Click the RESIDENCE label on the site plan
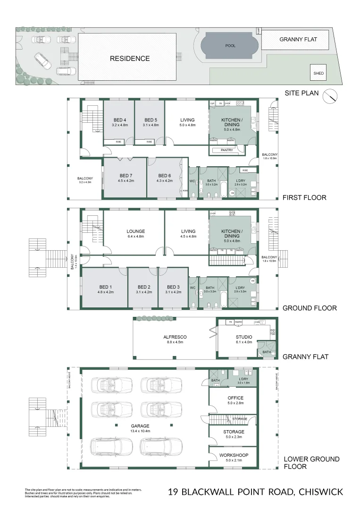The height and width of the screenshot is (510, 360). (x=130, y=59)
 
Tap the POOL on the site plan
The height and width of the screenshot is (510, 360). (x=230, y=46)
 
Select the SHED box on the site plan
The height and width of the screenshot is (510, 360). (x=318, y=73)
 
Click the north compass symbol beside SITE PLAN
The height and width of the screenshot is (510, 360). (x=330, y=96)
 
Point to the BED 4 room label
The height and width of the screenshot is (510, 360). (x=119, y=120)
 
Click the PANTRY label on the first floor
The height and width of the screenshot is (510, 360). (x=227, y=150)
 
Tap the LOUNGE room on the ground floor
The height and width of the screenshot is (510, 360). (x=135, y=231)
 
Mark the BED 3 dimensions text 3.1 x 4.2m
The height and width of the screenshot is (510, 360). (x=174, y=292)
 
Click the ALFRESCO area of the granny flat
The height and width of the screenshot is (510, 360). (x=175, y=337)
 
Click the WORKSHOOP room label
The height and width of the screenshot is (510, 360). (x=234, y=455)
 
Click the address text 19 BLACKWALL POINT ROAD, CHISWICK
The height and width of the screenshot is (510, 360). (x=255, y=493)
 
